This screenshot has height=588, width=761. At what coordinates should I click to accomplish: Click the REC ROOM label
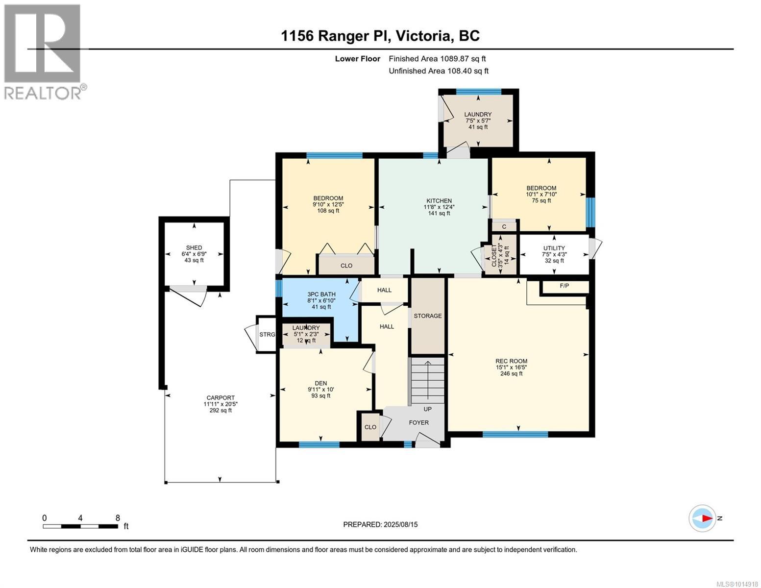[511, 361]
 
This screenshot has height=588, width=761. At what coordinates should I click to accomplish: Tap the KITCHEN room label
[439, 201]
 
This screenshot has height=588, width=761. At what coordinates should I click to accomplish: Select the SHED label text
[194, 247]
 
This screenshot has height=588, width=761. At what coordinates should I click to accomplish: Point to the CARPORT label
[221, 397]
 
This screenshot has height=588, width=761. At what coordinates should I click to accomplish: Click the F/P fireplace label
[564, 286]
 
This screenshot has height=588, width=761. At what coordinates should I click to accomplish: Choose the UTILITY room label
[554, 248]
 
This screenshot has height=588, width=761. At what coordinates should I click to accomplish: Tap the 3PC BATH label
[321, 294]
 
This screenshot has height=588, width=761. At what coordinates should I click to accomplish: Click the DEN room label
[321, 383]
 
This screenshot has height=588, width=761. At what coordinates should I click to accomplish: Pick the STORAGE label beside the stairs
[428, 316]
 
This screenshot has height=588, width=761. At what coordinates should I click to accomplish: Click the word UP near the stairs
[428, 409]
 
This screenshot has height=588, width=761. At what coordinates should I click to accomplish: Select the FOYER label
[419, 423]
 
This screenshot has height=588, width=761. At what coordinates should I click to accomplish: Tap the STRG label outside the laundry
[267, 335]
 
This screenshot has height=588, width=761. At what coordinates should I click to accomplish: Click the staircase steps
[427, 381]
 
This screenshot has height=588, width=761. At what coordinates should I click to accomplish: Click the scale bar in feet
[80, 526]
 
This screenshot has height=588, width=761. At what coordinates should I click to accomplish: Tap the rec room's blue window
[515, 434]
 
